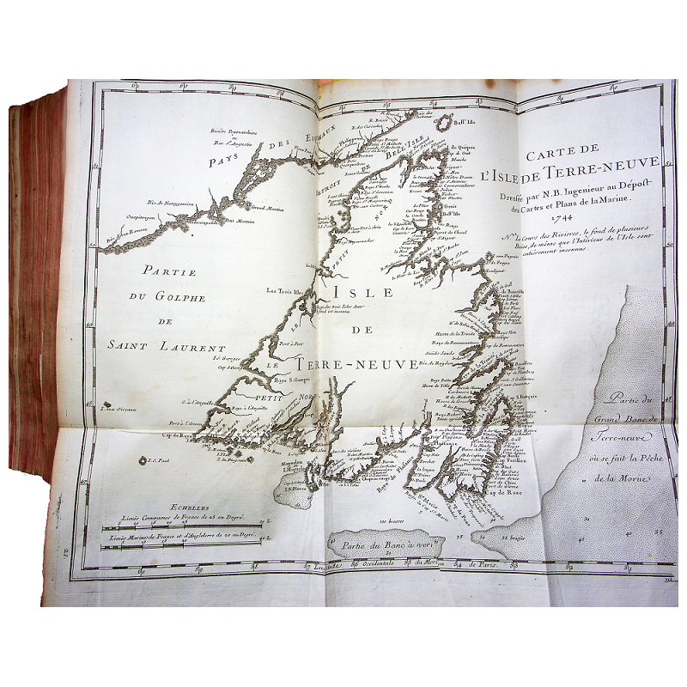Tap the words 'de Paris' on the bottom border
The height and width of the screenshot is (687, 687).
coord(488,563)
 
